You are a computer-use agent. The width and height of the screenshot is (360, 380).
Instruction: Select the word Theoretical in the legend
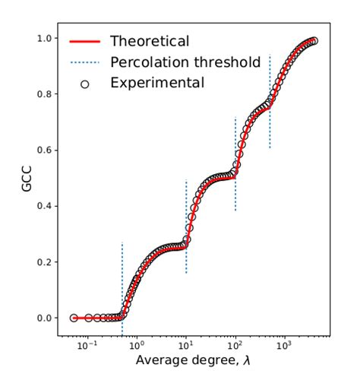tap(149, 41)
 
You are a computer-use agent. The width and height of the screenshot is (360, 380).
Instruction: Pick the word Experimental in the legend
tap(157, 82)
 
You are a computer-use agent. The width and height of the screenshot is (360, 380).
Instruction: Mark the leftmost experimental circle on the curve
tap(74, 318)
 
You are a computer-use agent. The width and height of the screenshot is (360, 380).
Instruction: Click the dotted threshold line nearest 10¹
tap(187, 228)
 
